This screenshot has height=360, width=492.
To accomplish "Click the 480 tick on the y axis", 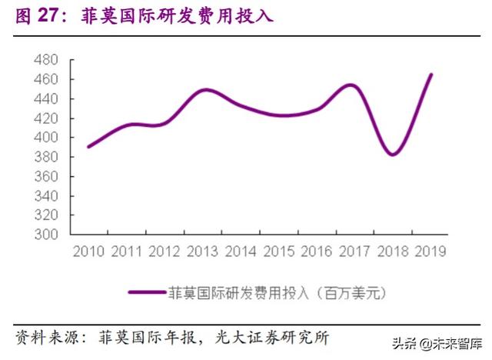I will pyautogui.click(x=48, y=60).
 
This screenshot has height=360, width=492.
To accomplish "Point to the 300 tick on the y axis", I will pyautogui.click(x=48, y=235).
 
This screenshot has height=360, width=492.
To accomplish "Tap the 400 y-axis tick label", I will pyautogui.click(x=48, y=138).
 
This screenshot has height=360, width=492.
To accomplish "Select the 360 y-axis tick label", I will pyautogui.click(x=48, y=176).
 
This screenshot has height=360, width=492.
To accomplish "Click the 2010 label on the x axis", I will pyautogui.click(x=89, y=252).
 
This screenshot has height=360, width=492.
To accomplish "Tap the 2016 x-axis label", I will pyautogui.click(x=317, y=252).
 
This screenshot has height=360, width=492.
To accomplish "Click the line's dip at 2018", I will pyautogui.click(x=393, y=155).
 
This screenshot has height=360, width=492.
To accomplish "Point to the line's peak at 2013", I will pyautogui.click(x=206, y=90).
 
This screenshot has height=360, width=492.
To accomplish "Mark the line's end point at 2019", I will pyautogui.click(x=431, y=75).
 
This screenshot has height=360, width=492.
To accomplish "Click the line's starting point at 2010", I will pyautogui.click(x=88, y=146).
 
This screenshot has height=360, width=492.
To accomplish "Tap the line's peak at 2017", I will pyautogui.click(x=351, y=85).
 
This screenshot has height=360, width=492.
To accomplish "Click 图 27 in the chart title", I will pyautogui.click(x=38, y=15).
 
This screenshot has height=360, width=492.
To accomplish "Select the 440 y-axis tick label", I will pyautogui.click(x=48, y=99).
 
